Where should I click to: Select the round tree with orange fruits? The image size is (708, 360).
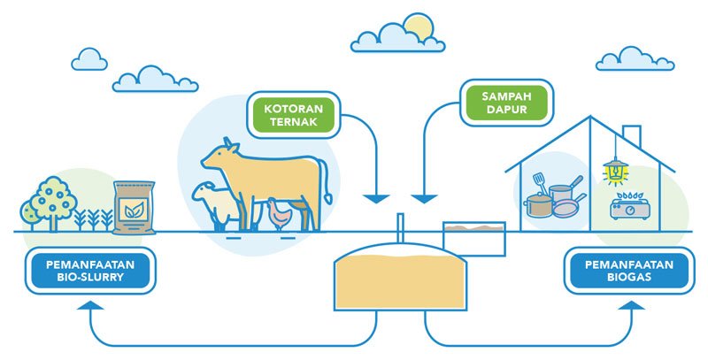(56, 196)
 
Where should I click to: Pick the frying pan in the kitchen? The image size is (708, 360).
(566, 208)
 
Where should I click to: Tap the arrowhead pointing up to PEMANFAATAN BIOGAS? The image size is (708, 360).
(632, 305)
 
